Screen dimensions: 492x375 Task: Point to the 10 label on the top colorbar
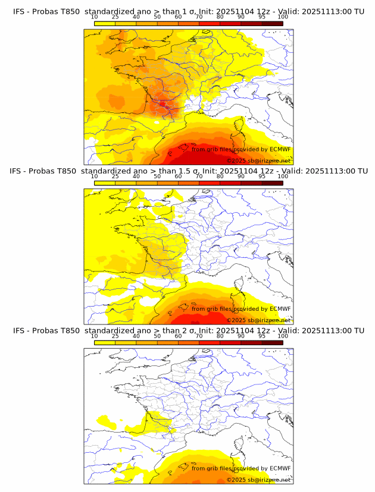click(95, 17)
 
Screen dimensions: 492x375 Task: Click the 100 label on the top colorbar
click(283, 17)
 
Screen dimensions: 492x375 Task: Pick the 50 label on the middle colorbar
click(157, 176)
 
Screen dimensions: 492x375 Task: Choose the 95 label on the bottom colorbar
click(261, 336)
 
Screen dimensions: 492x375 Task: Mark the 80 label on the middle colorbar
click(220, 176)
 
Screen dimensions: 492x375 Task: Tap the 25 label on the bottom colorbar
click(115, 336)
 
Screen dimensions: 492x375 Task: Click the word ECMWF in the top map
click(280, 149)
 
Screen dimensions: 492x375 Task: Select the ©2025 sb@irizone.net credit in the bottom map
click(258, 480)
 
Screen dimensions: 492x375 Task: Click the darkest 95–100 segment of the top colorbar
click(272, 23)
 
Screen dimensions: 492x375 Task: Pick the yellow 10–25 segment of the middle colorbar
click(105, 182)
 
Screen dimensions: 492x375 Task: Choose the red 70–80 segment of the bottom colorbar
click(210, 342)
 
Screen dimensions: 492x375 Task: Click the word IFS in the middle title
click(19, 171)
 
